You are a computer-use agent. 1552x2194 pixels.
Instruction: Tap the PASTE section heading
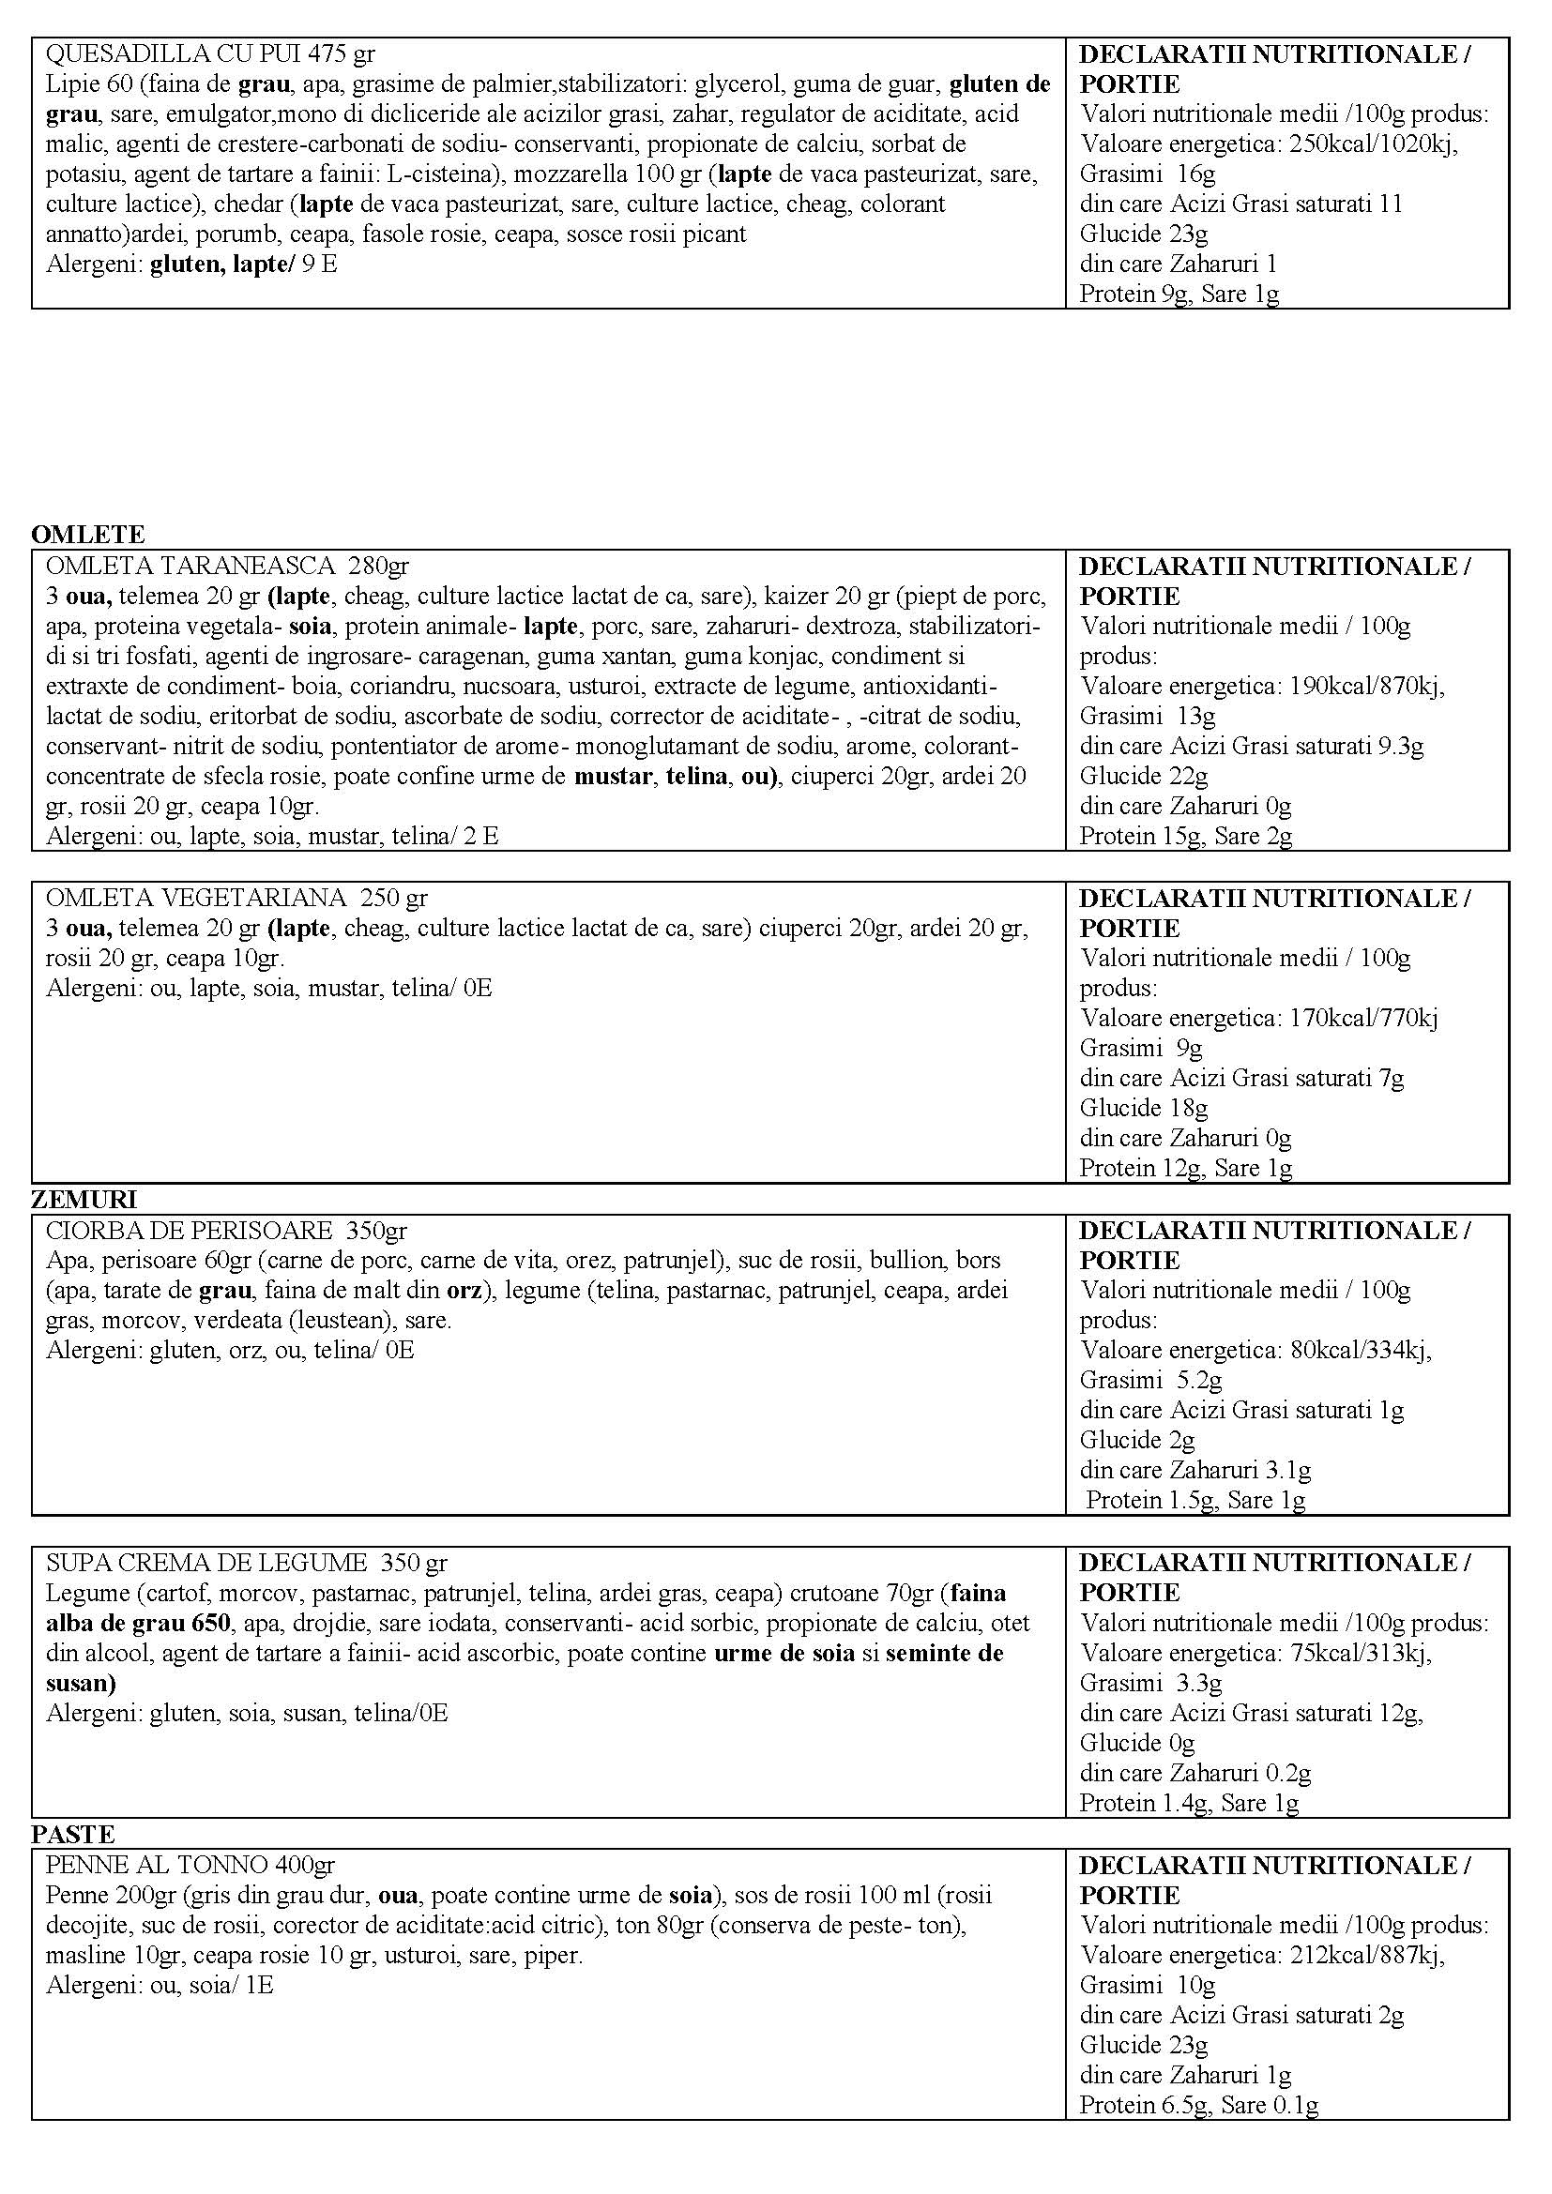72,1834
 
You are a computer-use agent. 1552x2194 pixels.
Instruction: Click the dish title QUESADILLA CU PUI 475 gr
210,53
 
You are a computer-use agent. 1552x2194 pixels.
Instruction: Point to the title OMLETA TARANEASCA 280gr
226,566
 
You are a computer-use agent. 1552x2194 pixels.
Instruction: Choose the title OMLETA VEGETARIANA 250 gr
236,898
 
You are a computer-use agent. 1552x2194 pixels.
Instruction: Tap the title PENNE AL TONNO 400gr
190,1864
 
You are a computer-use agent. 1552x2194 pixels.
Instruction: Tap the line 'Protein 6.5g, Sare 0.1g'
1198,2104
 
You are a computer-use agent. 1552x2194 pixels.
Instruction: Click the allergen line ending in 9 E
191,264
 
